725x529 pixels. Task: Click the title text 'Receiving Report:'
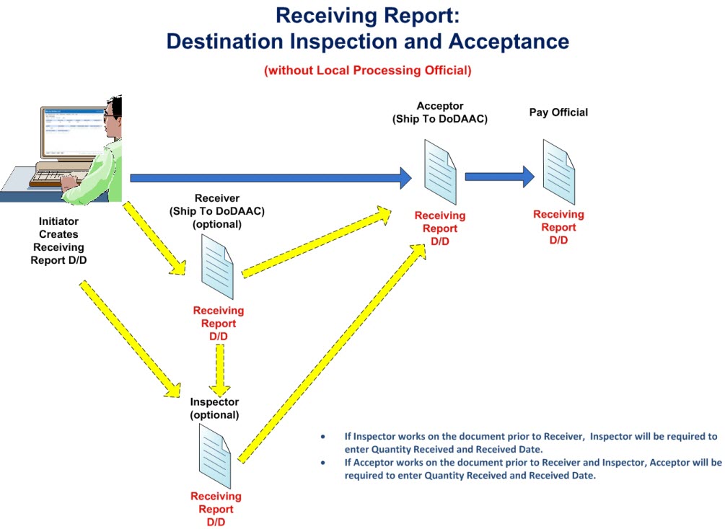tap(367, 15)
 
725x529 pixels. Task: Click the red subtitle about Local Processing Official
tap(367, 71)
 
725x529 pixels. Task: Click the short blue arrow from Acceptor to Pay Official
tap(499, 176)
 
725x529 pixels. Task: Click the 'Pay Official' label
tap(558, 112)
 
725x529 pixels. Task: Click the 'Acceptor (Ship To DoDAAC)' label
tap(440, 112)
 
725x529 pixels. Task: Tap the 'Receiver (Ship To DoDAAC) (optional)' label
tap(216, 211)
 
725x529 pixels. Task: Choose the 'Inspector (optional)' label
tap(214, 408)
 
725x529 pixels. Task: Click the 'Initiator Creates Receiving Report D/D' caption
tap(58, 241)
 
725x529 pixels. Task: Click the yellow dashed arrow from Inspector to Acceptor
tap(332, 353)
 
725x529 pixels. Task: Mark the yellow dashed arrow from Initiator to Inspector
tap(130, 339)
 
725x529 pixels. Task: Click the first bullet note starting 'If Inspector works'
tap(519, 443)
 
